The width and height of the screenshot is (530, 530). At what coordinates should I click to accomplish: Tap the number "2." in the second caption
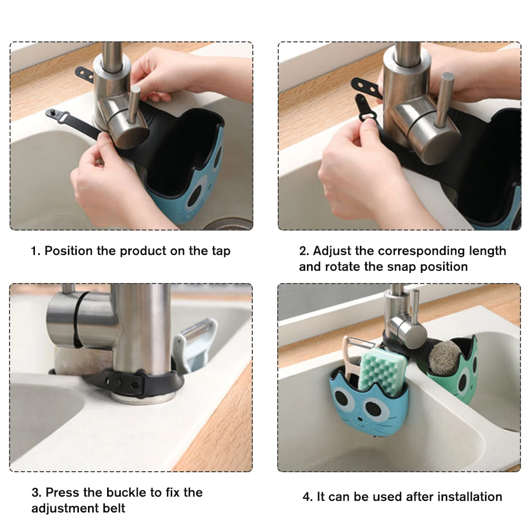click(x=304, y=251)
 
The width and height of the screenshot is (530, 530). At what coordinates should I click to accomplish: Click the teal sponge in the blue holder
click(x=382, y=370)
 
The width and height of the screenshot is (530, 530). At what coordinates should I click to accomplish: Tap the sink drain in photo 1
click(x=230, y=224)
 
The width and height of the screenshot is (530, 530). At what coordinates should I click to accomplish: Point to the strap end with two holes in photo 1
click(x=84, y=75)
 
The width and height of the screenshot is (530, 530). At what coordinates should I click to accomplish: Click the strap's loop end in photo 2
click(x=365, y=115)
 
